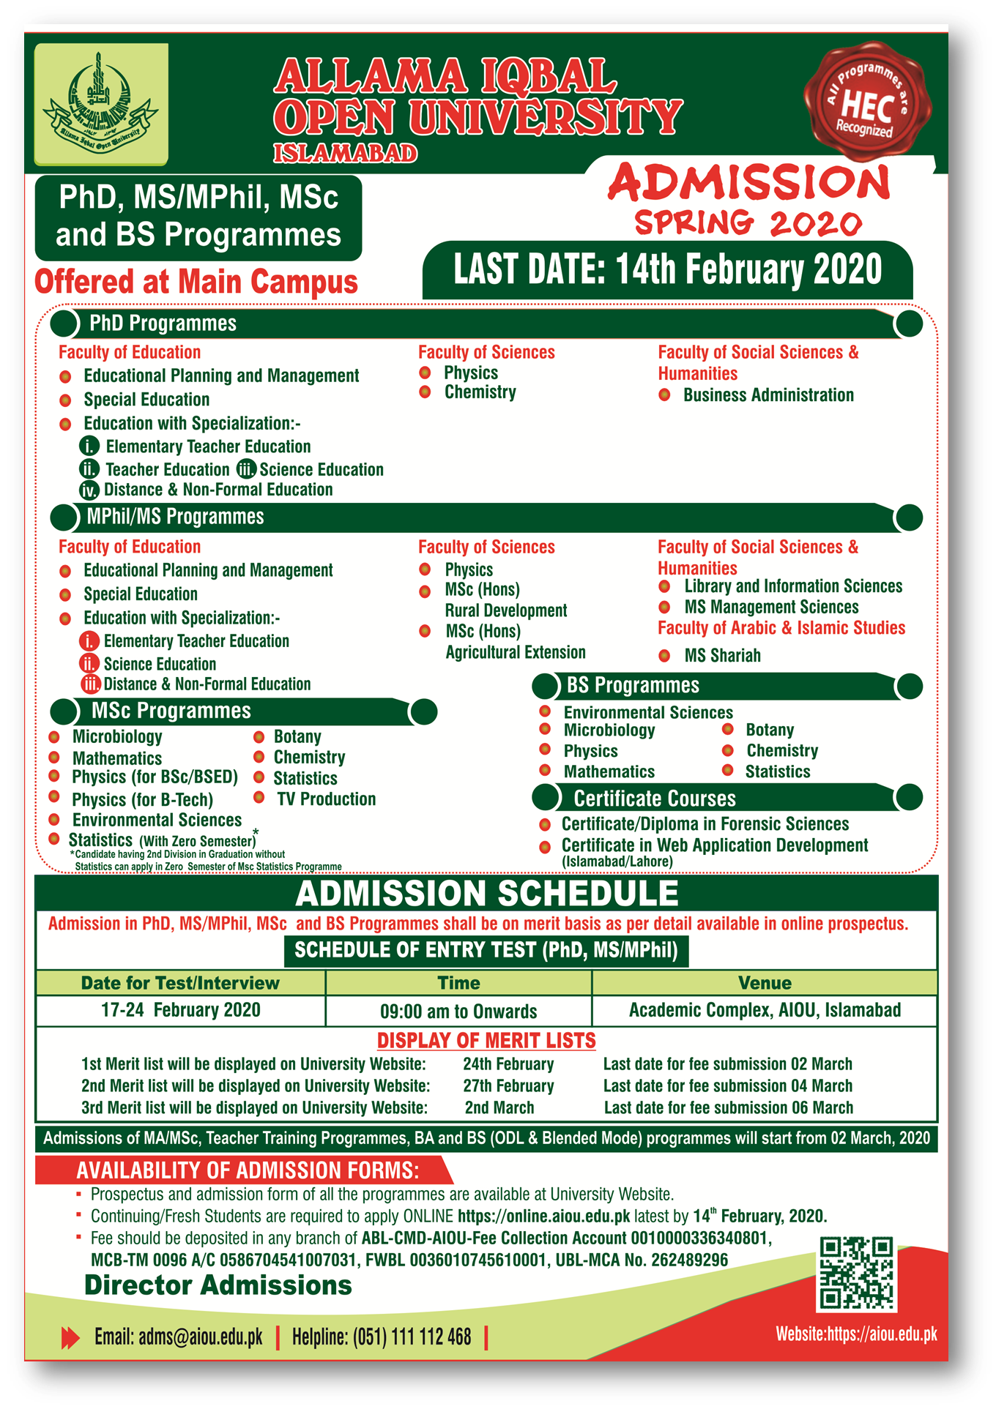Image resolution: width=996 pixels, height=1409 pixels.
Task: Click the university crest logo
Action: (101, 102)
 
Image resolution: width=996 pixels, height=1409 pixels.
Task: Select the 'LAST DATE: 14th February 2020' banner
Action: (667, 269)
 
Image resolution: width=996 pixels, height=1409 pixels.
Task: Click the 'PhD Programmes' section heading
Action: (163, 324)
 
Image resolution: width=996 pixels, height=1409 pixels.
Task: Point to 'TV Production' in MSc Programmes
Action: (326, 799)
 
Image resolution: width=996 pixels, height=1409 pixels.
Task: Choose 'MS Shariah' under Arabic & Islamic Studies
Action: (722, 656)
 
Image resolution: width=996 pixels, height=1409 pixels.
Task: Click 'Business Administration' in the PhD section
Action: (768, 395)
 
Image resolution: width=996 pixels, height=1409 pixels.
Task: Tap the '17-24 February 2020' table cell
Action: (181, 1010)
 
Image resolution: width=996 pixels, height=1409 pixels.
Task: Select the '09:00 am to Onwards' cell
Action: (458, 1012)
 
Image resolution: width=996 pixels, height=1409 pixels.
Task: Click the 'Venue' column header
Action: (765, 983)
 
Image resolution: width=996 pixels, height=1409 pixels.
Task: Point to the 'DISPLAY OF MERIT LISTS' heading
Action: (486, 1040)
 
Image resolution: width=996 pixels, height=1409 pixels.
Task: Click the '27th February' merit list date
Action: (508, 1086)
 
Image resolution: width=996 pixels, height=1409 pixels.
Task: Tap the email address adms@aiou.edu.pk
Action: (200, 1337)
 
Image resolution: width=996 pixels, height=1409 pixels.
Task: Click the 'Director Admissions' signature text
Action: (218, 1285)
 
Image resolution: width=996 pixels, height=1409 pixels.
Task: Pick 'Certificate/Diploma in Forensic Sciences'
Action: (705, 824)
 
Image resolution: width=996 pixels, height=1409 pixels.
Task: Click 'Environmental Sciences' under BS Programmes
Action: (648, 712)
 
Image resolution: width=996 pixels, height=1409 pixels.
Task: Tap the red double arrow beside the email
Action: (70, 1338)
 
